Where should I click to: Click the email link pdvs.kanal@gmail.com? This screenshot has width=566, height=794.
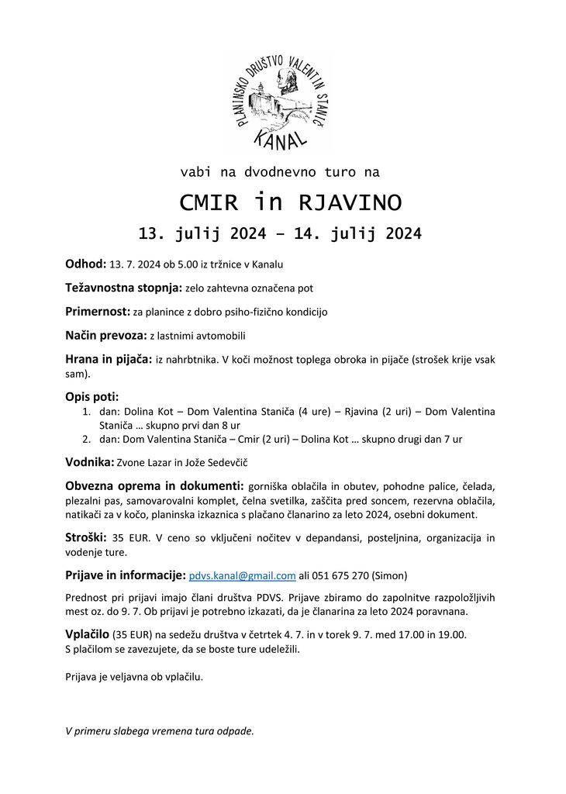point(242,575)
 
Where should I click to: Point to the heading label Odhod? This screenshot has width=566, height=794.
point(85,264)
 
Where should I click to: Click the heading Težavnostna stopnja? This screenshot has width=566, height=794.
point(123,288)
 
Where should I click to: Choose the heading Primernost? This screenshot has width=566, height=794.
point(97,312)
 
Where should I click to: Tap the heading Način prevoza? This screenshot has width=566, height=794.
point(105,336)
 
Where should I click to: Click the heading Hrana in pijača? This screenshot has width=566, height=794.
point(109,360)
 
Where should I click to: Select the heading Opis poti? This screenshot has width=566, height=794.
point(91,397)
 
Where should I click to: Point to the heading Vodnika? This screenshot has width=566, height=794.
point(89,462)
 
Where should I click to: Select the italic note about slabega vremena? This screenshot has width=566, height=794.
point(159,730)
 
